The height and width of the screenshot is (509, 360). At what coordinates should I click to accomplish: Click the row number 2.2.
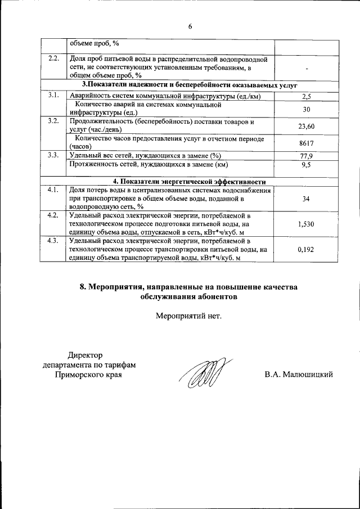click(53, 58)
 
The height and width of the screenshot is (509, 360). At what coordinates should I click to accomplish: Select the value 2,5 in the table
click(307, 96)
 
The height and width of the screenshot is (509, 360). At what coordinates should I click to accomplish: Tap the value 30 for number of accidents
click(307, 109)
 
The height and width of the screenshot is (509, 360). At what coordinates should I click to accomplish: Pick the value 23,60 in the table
click(307, 126)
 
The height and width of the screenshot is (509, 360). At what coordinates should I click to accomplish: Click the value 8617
click(307, 143)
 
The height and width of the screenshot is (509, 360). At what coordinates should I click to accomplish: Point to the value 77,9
click(307, 156)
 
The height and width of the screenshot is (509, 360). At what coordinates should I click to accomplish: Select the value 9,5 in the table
click(307, 165)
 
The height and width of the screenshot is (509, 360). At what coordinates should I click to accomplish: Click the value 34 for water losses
click(307, 199)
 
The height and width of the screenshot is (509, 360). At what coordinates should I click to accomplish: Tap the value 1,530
click(307, 224)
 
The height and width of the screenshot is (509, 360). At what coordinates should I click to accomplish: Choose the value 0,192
click(307, 249)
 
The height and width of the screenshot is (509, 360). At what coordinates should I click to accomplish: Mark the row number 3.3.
click(53, 155)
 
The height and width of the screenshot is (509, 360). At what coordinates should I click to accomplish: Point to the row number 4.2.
click(53, 215)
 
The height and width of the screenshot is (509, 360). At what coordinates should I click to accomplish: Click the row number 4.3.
click(53, 241)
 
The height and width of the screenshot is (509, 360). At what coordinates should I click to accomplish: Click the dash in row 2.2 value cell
click(307, 67)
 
